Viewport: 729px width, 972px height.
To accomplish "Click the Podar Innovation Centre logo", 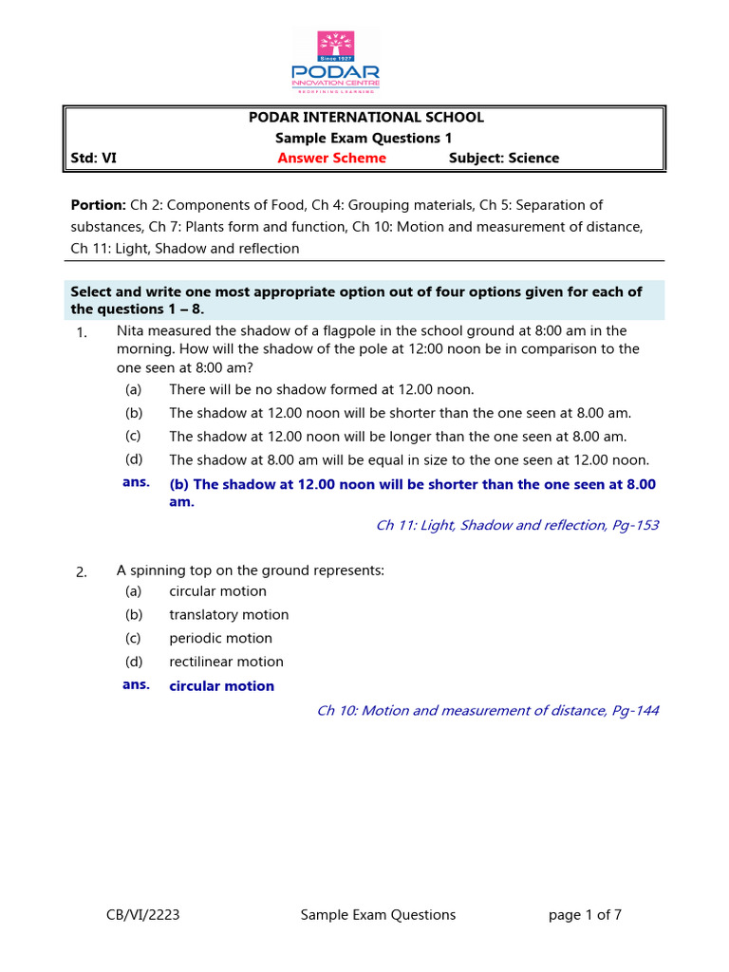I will [x=347, y=61].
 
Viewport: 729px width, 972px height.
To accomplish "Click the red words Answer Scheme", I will [x=331, y=159].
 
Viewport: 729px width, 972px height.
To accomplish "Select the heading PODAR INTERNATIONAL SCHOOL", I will [x=365, y=118].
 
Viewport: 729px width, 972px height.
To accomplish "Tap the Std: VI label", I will [x=94, y=159].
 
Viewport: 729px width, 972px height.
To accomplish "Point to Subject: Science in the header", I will [x=503, y=159].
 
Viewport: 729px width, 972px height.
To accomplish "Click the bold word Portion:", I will [x=99, y=205].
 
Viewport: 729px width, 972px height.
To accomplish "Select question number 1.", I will [x=81, y=333].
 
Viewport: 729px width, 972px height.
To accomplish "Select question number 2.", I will [x=81, y=571].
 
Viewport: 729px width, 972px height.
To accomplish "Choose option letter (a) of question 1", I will [x=133, y=389].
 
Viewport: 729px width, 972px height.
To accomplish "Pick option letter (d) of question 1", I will [x=133, y=459].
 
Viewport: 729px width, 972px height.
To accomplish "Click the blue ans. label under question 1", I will [x=136, y=483].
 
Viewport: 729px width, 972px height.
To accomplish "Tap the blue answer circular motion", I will [x=221, y=686].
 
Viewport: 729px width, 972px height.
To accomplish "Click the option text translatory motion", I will [x=229, y=615].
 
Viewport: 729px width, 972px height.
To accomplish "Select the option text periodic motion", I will [x=220, y=639].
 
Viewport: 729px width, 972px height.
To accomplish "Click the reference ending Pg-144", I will [x=487, y=710].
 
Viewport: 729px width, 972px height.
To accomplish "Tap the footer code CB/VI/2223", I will [x=142, y=915].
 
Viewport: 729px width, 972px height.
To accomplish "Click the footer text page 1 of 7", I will [x=585, y=915].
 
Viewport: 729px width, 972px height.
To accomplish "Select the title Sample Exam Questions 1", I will [x=365, y=139].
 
